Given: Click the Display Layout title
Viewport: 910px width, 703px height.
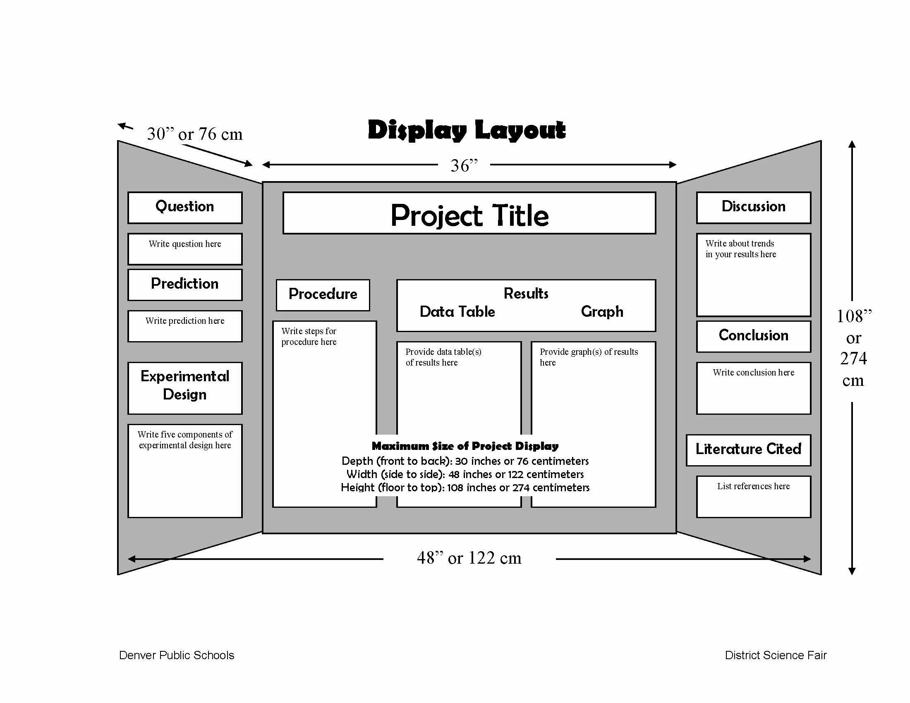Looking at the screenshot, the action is [467, 130].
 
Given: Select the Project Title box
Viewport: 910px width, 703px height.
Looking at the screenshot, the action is [469, 213].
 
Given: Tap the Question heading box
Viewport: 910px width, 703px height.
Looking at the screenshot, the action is [184, 207].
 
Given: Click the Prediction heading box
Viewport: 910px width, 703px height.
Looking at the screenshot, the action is [184, 284].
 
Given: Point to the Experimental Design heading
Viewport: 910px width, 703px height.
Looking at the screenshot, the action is [184, 386].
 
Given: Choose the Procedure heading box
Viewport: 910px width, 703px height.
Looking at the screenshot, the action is [323, 294].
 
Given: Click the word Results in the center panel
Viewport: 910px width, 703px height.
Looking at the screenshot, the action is [526, 294].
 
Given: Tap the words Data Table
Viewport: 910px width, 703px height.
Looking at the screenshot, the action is [457, 311].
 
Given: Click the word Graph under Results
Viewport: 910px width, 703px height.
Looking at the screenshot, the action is [602, 311].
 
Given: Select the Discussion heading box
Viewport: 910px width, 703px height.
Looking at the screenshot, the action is [753, 207].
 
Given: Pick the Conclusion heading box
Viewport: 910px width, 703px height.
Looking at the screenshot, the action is [753, 336].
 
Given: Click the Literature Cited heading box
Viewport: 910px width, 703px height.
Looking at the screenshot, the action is [748, 450].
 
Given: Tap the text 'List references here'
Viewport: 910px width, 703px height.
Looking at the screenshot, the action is [753, 486].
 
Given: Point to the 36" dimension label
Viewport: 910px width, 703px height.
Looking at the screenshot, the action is [464, 165].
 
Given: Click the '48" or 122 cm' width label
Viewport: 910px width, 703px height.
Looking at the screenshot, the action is [469, 558].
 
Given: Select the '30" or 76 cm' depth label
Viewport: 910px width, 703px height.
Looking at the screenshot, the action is [194, 134].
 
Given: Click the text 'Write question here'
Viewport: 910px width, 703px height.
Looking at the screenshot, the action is [184, 244].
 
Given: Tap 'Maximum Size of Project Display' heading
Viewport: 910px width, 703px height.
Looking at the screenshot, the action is [465, 446].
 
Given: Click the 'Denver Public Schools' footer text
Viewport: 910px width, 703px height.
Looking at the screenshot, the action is [177, 655].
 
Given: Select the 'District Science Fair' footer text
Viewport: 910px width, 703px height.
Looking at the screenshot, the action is [776, 655].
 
